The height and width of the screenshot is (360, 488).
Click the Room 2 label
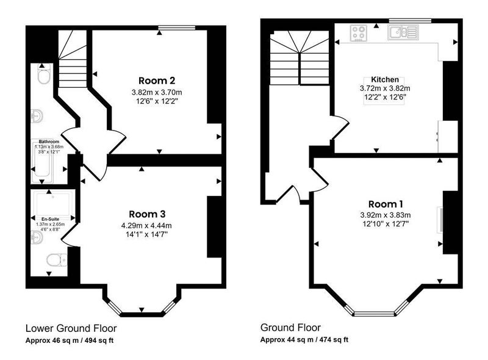point(157,81)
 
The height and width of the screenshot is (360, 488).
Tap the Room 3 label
point(147,214)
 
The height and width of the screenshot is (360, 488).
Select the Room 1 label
point(386,204)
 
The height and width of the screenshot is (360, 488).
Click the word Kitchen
point(385,80)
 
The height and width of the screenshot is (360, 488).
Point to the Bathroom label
point(49,142)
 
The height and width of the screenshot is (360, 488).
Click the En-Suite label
point(51,219)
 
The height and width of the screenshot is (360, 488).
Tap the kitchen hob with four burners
point(359,33)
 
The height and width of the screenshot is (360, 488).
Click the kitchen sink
point(403,32)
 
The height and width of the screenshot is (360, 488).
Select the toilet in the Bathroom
point(43,74)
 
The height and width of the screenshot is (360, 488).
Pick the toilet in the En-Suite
point(57,260)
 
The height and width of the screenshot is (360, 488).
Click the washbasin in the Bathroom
point(37,116)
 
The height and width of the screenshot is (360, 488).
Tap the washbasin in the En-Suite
point(37,237)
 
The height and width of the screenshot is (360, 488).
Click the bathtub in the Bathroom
point(42,161)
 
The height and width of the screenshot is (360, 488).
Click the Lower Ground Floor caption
point(71,328)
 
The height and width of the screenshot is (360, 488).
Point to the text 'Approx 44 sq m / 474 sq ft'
point(304,339)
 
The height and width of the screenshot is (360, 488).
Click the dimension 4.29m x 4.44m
point(146,226)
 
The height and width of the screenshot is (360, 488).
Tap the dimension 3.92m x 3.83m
point(386,215)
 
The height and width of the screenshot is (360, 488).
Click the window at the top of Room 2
point(177,27)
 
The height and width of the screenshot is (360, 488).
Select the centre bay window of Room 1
point(375,313)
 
